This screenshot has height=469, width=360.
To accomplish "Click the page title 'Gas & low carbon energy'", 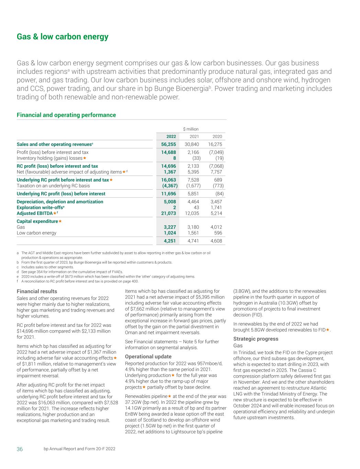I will click(x=63, y=37).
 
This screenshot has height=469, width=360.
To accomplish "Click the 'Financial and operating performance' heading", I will click(x=66, y=115).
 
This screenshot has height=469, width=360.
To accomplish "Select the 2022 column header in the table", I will click(x=171, y=136).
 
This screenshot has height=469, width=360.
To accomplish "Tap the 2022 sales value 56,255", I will click(x=169, y=144).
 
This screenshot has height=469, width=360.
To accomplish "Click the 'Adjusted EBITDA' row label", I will click(x=34, y=213).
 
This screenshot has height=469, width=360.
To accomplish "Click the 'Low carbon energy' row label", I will click(x=36, y=233).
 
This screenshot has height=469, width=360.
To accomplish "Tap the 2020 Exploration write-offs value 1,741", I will click(x=216, y=208).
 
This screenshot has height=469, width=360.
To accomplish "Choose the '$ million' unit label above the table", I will click(x=191, y=129).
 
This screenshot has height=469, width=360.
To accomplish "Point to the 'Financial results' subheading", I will click(x=37, y=291).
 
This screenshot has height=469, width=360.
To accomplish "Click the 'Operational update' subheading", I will click(x=148, y=356).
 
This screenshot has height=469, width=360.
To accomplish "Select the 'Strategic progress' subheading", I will click(x=256, y=339).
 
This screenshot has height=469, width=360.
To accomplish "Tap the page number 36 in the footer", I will click(x=20, y=449).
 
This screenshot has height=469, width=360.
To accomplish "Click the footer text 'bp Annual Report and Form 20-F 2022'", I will click(x=79, y=449).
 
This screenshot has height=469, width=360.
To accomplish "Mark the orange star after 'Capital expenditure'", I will click(x=60, y=221).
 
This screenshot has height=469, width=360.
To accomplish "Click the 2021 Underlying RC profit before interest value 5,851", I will click(x=193, y=194).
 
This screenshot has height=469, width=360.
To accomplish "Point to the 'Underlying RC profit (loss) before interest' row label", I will click(x=61, y=194).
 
